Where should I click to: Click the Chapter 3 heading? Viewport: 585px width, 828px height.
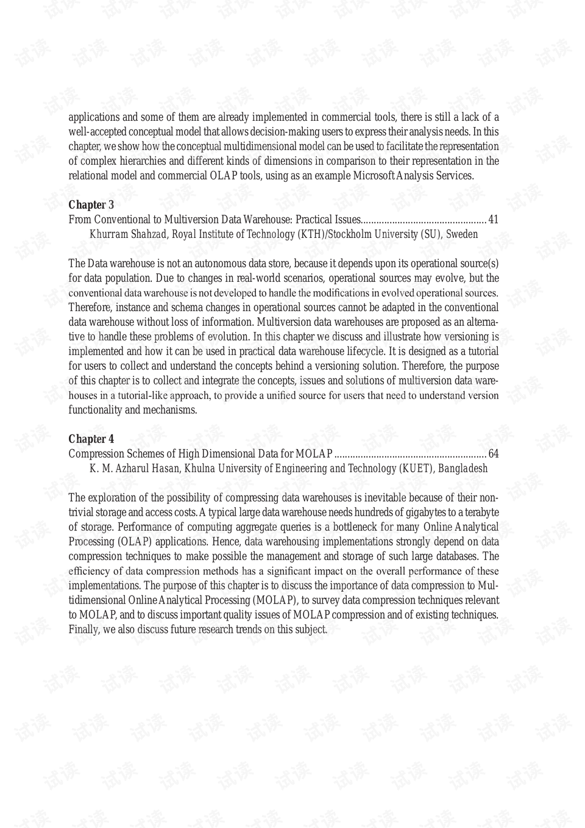(x=91, y=205)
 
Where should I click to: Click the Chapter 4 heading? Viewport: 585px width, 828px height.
(x=91, y=439)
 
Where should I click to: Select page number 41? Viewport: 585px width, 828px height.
(x=493, y=220)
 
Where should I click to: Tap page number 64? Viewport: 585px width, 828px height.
(x=493, y=454)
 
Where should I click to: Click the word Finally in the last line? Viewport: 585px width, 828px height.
(x=83, y=630)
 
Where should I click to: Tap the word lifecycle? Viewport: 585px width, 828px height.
(x=363, y=351)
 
